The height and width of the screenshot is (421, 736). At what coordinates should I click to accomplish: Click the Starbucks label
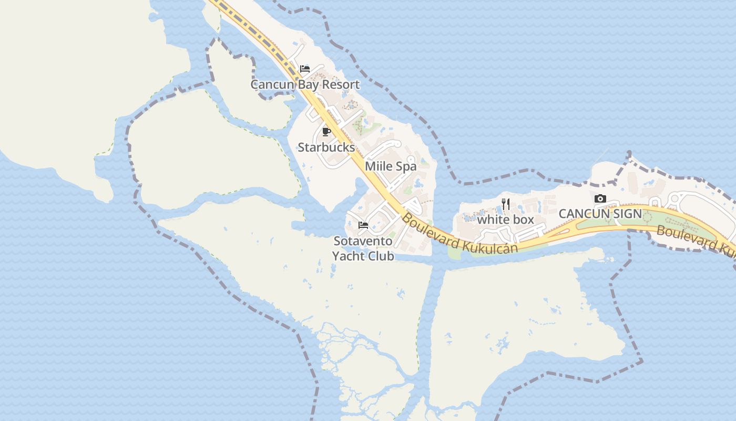(326, 147)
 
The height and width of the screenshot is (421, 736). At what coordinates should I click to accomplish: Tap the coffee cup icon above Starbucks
(326, 132)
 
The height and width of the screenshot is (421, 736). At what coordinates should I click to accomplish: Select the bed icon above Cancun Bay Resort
(305, 69)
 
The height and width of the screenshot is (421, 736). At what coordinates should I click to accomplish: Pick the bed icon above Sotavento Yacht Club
(363, 225)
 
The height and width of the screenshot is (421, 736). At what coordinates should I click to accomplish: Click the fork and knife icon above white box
(506, 204)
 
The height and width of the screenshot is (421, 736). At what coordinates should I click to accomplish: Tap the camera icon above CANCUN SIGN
(600, 198)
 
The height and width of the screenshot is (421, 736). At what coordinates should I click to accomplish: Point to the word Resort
(341, 84)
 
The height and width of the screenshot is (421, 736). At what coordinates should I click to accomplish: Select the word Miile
(379, 166)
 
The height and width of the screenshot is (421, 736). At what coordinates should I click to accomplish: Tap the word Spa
(405, 166)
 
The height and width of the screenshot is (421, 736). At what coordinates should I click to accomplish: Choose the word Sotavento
(363, 241)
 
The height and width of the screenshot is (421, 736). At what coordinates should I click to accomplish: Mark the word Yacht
(349, 256)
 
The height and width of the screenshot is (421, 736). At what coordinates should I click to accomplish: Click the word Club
(381, 256)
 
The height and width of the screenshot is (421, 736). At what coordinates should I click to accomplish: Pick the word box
(523, 219)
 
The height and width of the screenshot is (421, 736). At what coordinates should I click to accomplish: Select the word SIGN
(628, 214)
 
